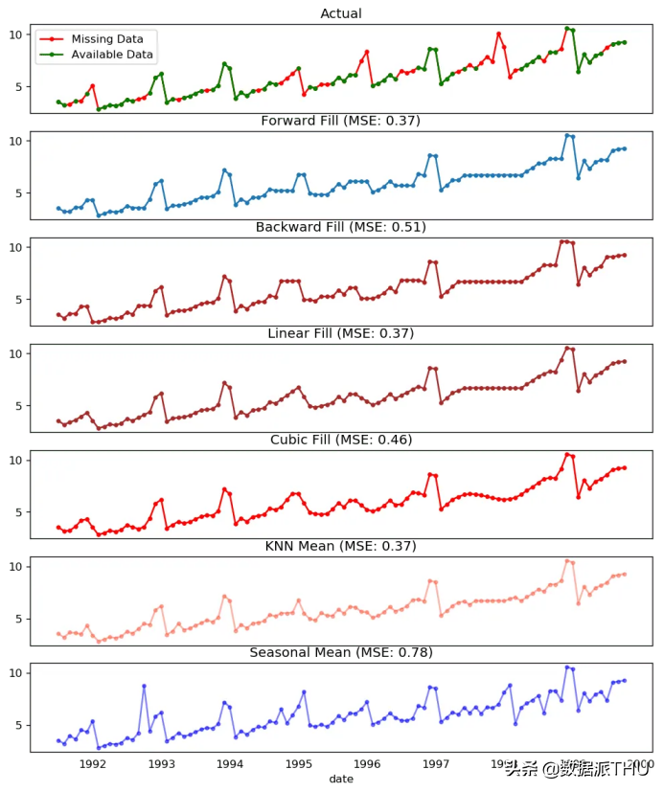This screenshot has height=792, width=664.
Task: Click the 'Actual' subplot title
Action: pyautogui.click(x=341, y=13)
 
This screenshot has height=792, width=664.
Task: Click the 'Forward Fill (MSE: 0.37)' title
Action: pyautogui.click(x=340, y=121)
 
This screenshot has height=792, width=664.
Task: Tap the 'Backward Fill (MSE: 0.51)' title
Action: pyautogui.click(x=341, y=227)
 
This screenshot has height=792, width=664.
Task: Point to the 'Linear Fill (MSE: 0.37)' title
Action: pyautogui.click(x=340, y=333)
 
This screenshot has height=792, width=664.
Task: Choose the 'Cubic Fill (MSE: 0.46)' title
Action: pyautogui.click(x=340, y=440)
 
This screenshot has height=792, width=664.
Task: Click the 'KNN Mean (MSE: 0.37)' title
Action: pyautogui.click(x=341, y=546)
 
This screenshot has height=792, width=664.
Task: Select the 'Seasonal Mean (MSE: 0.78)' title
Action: pyautogui.click(x=341, y=652)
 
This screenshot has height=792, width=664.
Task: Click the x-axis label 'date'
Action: pyautogui.click(x=341, y=779)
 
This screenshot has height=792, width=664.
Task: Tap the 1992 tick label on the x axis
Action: pyautogui.click(x=93, y=763)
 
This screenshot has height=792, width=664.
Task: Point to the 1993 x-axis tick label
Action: pyautogui.click(x=162, y=763)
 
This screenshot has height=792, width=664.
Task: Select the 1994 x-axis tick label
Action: pyautogui.click(x=230, y=763)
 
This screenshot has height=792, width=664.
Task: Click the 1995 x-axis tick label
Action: pyautogui.click(x=299, y=763)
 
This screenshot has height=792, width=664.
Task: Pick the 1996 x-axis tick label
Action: pyautogui.click(x=368, y=763)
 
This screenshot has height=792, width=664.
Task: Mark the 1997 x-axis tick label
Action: pyautogui.click(x=437, y=763)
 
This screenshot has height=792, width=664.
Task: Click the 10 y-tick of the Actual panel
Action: pyautogui.click(x=14, y=34)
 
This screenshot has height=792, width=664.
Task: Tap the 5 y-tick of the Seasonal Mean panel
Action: pyautogui.click(x=18, y=726)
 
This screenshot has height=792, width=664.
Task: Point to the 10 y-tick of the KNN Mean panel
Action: pyautogui.click(x=14, y=567)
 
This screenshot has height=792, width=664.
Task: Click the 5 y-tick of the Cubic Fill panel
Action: pyautogui.click(x=18, y=513)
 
